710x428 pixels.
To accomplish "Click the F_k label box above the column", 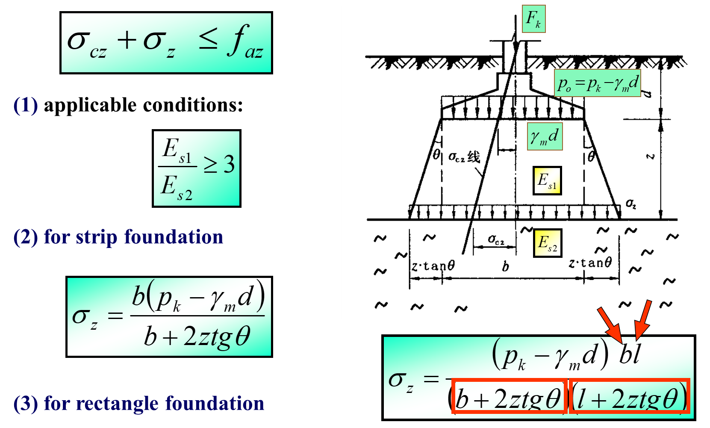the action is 533,19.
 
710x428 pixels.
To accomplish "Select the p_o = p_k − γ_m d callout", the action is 598,83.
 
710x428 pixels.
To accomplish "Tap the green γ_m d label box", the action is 545,136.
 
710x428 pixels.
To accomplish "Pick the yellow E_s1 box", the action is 547,180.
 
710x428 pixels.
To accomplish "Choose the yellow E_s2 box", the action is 547,243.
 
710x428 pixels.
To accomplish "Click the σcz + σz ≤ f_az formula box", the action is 166,43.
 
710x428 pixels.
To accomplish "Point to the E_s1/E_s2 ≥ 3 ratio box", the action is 196,168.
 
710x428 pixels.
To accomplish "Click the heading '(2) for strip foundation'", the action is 118,237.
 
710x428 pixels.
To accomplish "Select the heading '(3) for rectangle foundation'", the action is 139,403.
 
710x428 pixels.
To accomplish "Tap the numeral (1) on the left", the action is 26,106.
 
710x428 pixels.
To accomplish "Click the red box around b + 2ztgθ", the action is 509,396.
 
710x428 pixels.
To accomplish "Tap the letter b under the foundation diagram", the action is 506,267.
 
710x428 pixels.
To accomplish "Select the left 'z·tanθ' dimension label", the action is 433,266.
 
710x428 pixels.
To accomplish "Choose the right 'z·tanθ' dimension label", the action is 590,263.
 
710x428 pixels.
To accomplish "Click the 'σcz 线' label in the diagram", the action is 464,157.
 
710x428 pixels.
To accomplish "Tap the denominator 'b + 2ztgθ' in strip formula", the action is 197,336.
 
